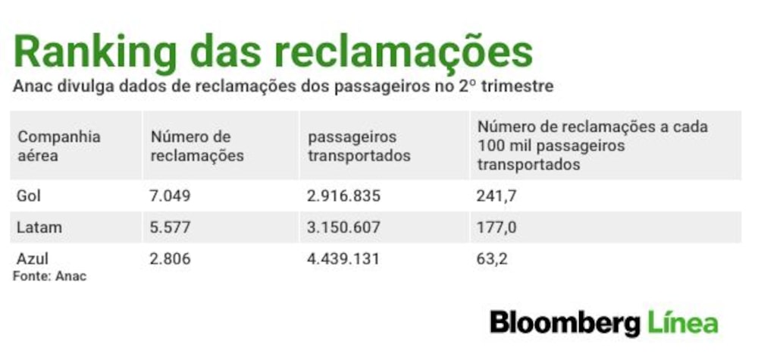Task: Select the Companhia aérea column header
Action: point(59,146)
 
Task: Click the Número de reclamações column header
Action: point(197,146)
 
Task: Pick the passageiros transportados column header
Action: point(359,146)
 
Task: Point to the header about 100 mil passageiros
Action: point(593,146)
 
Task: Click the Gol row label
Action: point(29,196)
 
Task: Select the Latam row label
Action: point(39,227)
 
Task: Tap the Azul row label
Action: point(33,258)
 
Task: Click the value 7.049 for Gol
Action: point(170,196)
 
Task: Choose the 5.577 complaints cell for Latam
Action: point(170,227)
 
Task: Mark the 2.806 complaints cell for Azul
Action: point(170,258)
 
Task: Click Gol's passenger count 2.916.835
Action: point(343,196)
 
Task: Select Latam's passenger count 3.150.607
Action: point(343,227)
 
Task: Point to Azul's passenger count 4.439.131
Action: point(343,258)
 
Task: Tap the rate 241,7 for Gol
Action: point(496,196)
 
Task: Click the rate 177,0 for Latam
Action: point(496,227)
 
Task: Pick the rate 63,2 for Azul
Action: point(492,259)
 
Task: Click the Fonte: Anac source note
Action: point(49,277)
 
